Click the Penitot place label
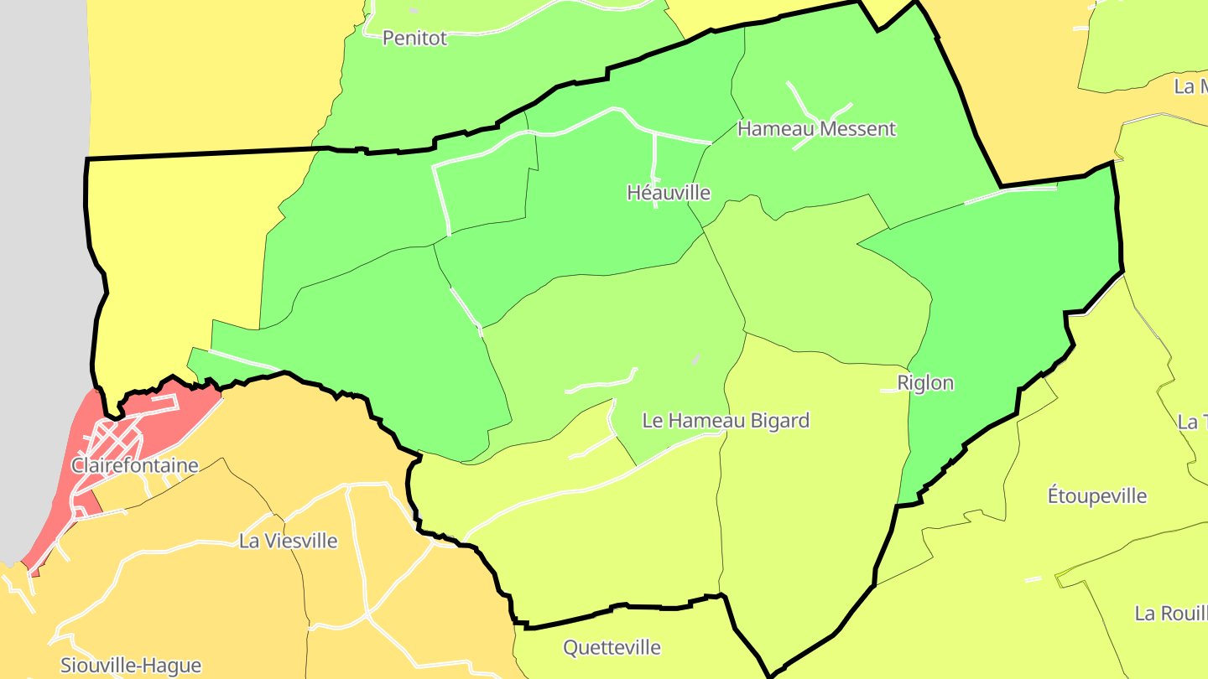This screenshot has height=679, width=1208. click(414, 38)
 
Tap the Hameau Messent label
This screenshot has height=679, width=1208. click(816, 128)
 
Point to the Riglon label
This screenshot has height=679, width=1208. click(925, 383)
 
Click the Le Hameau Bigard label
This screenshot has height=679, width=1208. click(726, 420)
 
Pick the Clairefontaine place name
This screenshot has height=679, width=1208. click(135, 465)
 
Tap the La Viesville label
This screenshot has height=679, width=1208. click(289, 541)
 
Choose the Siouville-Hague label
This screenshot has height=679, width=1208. click(131, 666)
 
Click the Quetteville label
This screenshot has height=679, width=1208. click(612, 647)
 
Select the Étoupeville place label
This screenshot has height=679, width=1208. click(1097, 495)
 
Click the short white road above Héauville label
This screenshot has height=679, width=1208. click(654, 159)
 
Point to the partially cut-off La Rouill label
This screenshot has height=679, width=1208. click(1170, 613)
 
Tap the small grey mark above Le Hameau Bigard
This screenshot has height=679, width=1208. click(695, 359)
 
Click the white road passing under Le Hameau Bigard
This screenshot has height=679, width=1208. click(587, 486)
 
